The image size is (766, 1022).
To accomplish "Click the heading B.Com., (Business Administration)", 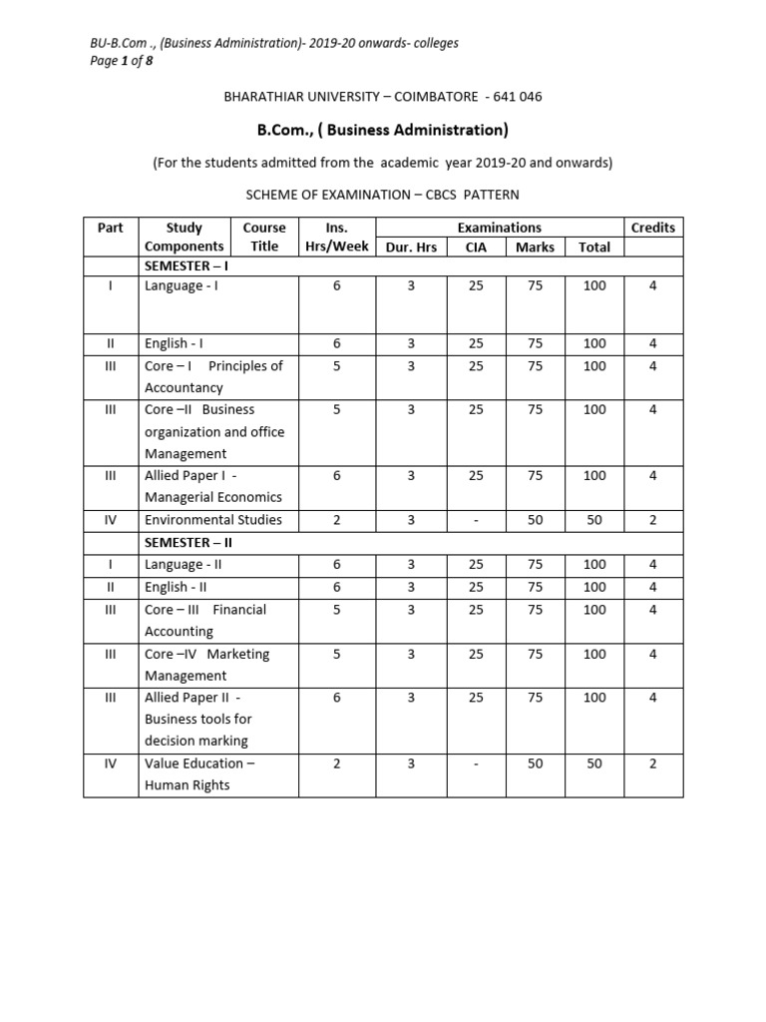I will tap(383, 130).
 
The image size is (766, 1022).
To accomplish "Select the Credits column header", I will tap(653, 228).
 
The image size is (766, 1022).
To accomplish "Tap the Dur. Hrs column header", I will tap(411, 247).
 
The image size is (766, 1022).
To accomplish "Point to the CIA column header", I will tap(476, 247).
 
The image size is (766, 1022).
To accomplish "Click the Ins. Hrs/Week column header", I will tap(337, 237).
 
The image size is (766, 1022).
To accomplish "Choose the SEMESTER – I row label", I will tap(187, 265).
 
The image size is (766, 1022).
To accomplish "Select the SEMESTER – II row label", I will tap(189, 542).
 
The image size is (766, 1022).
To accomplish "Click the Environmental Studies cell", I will tap(213, 519).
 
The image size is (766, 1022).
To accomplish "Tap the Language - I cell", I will tap(182, 285).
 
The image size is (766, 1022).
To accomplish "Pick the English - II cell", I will tap(178, 587).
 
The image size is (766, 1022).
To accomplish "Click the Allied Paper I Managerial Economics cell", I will tap(213, 486).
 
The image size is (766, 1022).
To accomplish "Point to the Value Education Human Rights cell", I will tap(199, 773).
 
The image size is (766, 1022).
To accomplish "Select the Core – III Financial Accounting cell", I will tap(205, 620).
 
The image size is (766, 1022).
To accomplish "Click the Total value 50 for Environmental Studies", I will tap(594, 519).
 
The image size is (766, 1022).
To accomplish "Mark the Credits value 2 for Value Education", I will tap(653, 764).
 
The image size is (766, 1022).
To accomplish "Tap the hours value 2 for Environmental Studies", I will tap(337, 519).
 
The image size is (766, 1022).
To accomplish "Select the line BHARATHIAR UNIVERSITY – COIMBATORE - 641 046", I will tap(383, 97).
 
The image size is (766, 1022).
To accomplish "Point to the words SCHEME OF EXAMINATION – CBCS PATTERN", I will tap(383, 194).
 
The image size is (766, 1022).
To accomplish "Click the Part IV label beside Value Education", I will tap(111, 764).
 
